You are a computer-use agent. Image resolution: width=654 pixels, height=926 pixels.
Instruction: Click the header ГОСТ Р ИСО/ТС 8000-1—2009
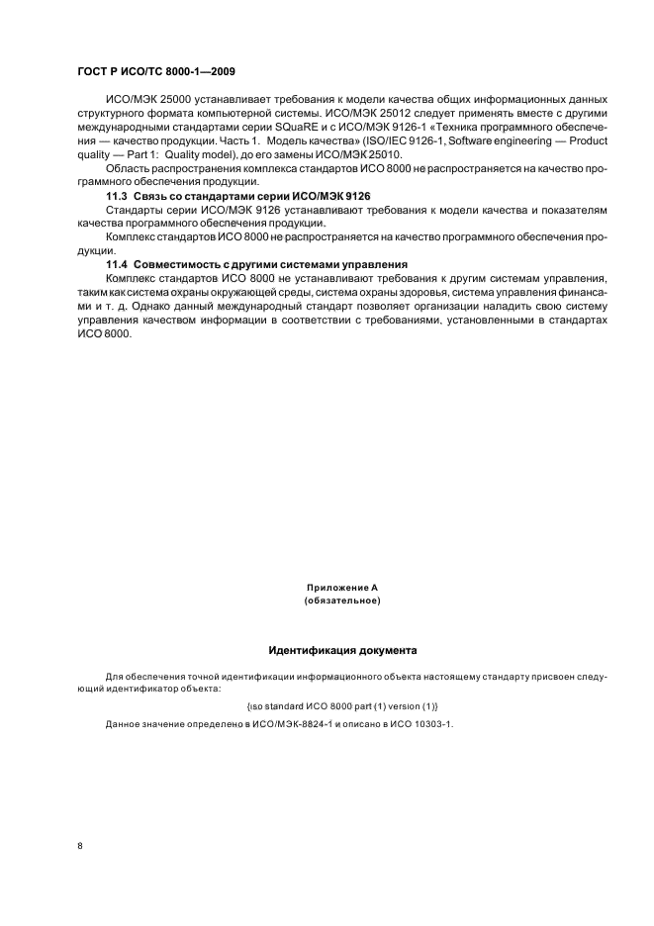coord(155,72)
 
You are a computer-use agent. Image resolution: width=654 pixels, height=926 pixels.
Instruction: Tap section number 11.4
coord(117,263)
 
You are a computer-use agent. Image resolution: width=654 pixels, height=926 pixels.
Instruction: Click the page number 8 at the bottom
coord(80,846)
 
